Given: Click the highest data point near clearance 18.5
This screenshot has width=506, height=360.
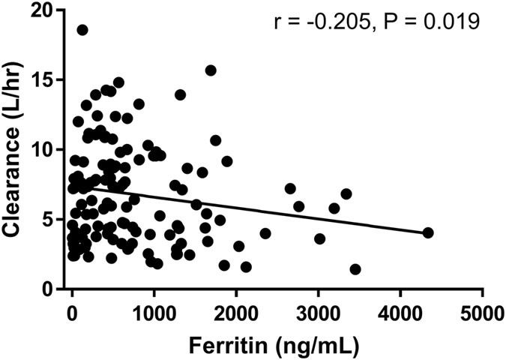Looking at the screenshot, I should point(82,30).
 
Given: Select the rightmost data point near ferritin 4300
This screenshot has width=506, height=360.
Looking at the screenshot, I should point(428,232).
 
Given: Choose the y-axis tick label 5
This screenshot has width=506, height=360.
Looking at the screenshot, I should point(49,220).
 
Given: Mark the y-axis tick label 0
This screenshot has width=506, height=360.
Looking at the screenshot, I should point(49,289).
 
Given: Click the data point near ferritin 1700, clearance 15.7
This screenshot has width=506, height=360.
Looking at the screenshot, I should point(211,70).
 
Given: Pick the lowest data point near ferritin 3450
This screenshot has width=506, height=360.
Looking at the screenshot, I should point(355,269).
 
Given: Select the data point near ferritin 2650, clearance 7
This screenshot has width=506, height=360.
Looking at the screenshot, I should point(290,188).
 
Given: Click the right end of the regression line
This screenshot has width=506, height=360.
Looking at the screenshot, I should point(427,232).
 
